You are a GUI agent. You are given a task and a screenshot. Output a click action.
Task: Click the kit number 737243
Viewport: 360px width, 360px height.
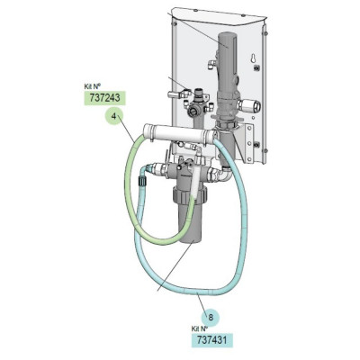coord(103,98)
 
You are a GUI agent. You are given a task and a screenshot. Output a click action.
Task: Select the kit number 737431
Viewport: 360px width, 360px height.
coord(212,339)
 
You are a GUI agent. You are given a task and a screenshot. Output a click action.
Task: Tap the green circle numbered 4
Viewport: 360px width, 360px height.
coord(113,116)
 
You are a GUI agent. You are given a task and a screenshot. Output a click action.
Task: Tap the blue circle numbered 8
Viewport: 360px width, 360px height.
coord(211,318)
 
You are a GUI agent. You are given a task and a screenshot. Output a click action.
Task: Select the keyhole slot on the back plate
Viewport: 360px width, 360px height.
coord(254,58)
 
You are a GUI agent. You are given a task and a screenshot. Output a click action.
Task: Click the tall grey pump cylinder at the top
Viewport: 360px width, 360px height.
coord(228,63)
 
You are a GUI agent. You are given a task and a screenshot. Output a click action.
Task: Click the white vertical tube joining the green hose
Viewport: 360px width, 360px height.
coord(196,178)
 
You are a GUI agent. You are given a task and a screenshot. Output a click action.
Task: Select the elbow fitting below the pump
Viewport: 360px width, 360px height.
coord(226,174)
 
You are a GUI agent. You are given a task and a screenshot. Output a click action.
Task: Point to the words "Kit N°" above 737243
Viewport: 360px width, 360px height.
coord(92,87)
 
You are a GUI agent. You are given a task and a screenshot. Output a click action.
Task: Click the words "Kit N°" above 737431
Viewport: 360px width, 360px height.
coord(199,328)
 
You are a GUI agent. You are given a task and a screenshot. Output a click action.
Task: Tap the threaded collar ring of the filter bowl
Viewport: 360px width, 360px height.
coord(190,195)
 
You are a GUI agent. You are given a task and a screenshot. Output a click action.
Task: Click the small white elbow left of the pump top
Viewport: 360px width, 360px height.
coord(211,64)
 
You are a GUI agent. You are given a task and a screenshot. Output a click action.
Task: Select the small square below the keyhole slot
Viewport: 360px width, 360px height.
coord(256,68)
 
